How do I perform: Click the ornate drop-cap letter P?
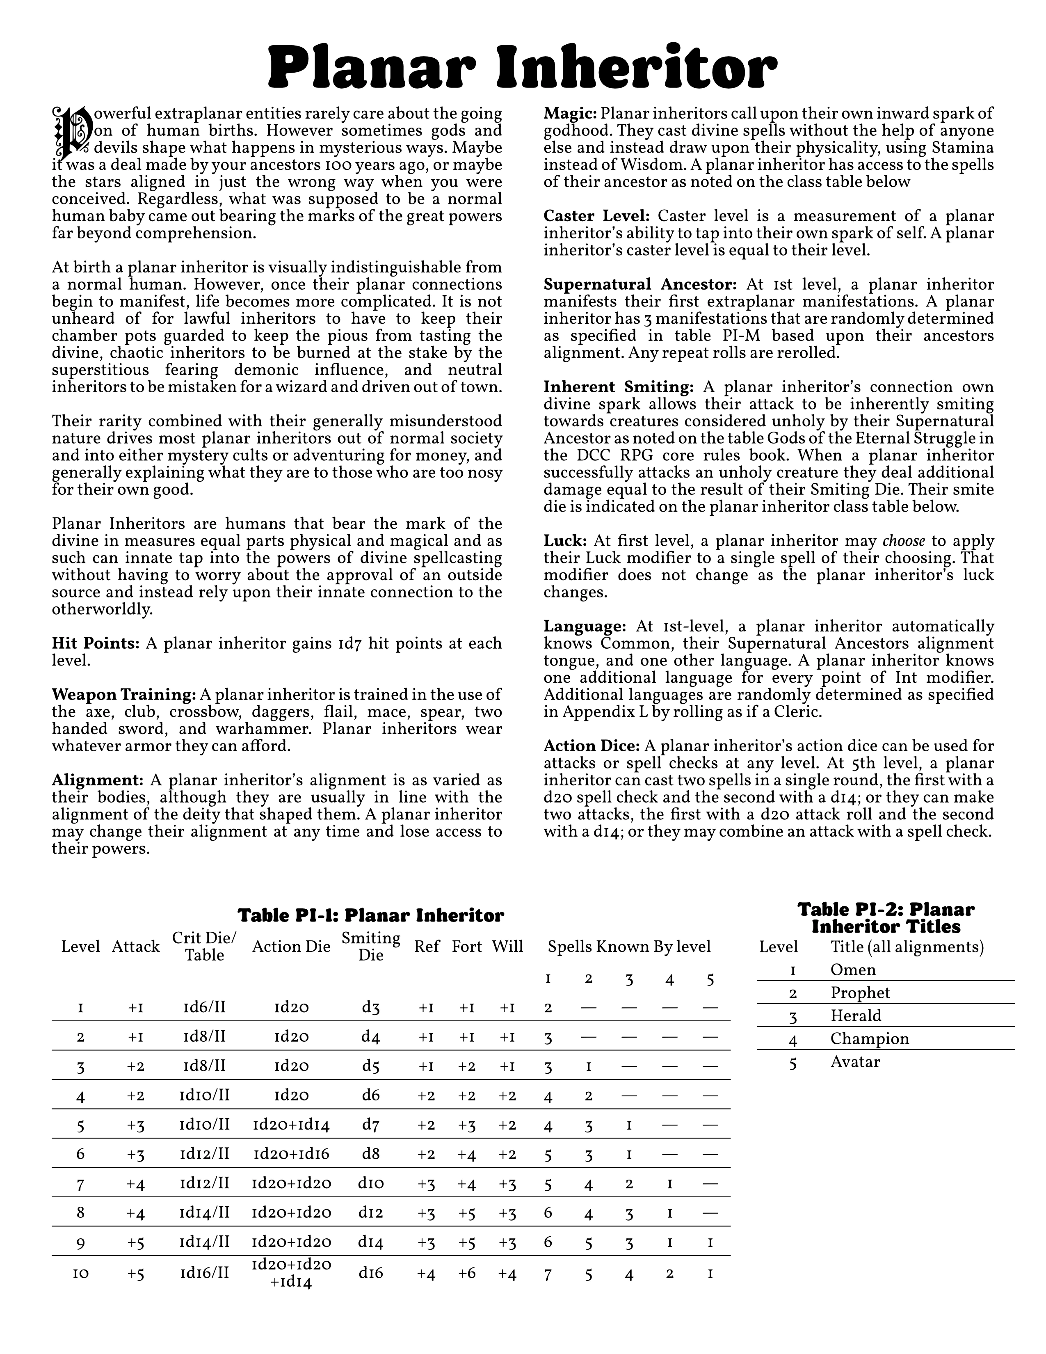click(x=72, y=132)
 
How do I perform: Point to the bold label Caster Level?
click(x=596, y=216)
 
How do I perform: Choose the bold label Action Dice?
click(x=592, y=746)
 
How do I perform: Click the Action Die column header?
click(x=291, y=947)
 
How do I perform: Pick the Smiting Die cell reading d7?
click(x=370, y=1125)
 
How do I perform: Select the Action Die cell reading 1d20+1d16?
click(x=291, y=1154)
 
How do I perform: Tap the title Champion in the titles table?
click(x=869, y=1038)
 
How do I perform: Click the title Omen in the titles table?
click(x=853, y=970)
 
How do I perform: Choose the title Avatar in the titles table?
click(x=855, y=1061)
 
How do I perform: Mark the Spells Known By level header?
click(x=629, y=947)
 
